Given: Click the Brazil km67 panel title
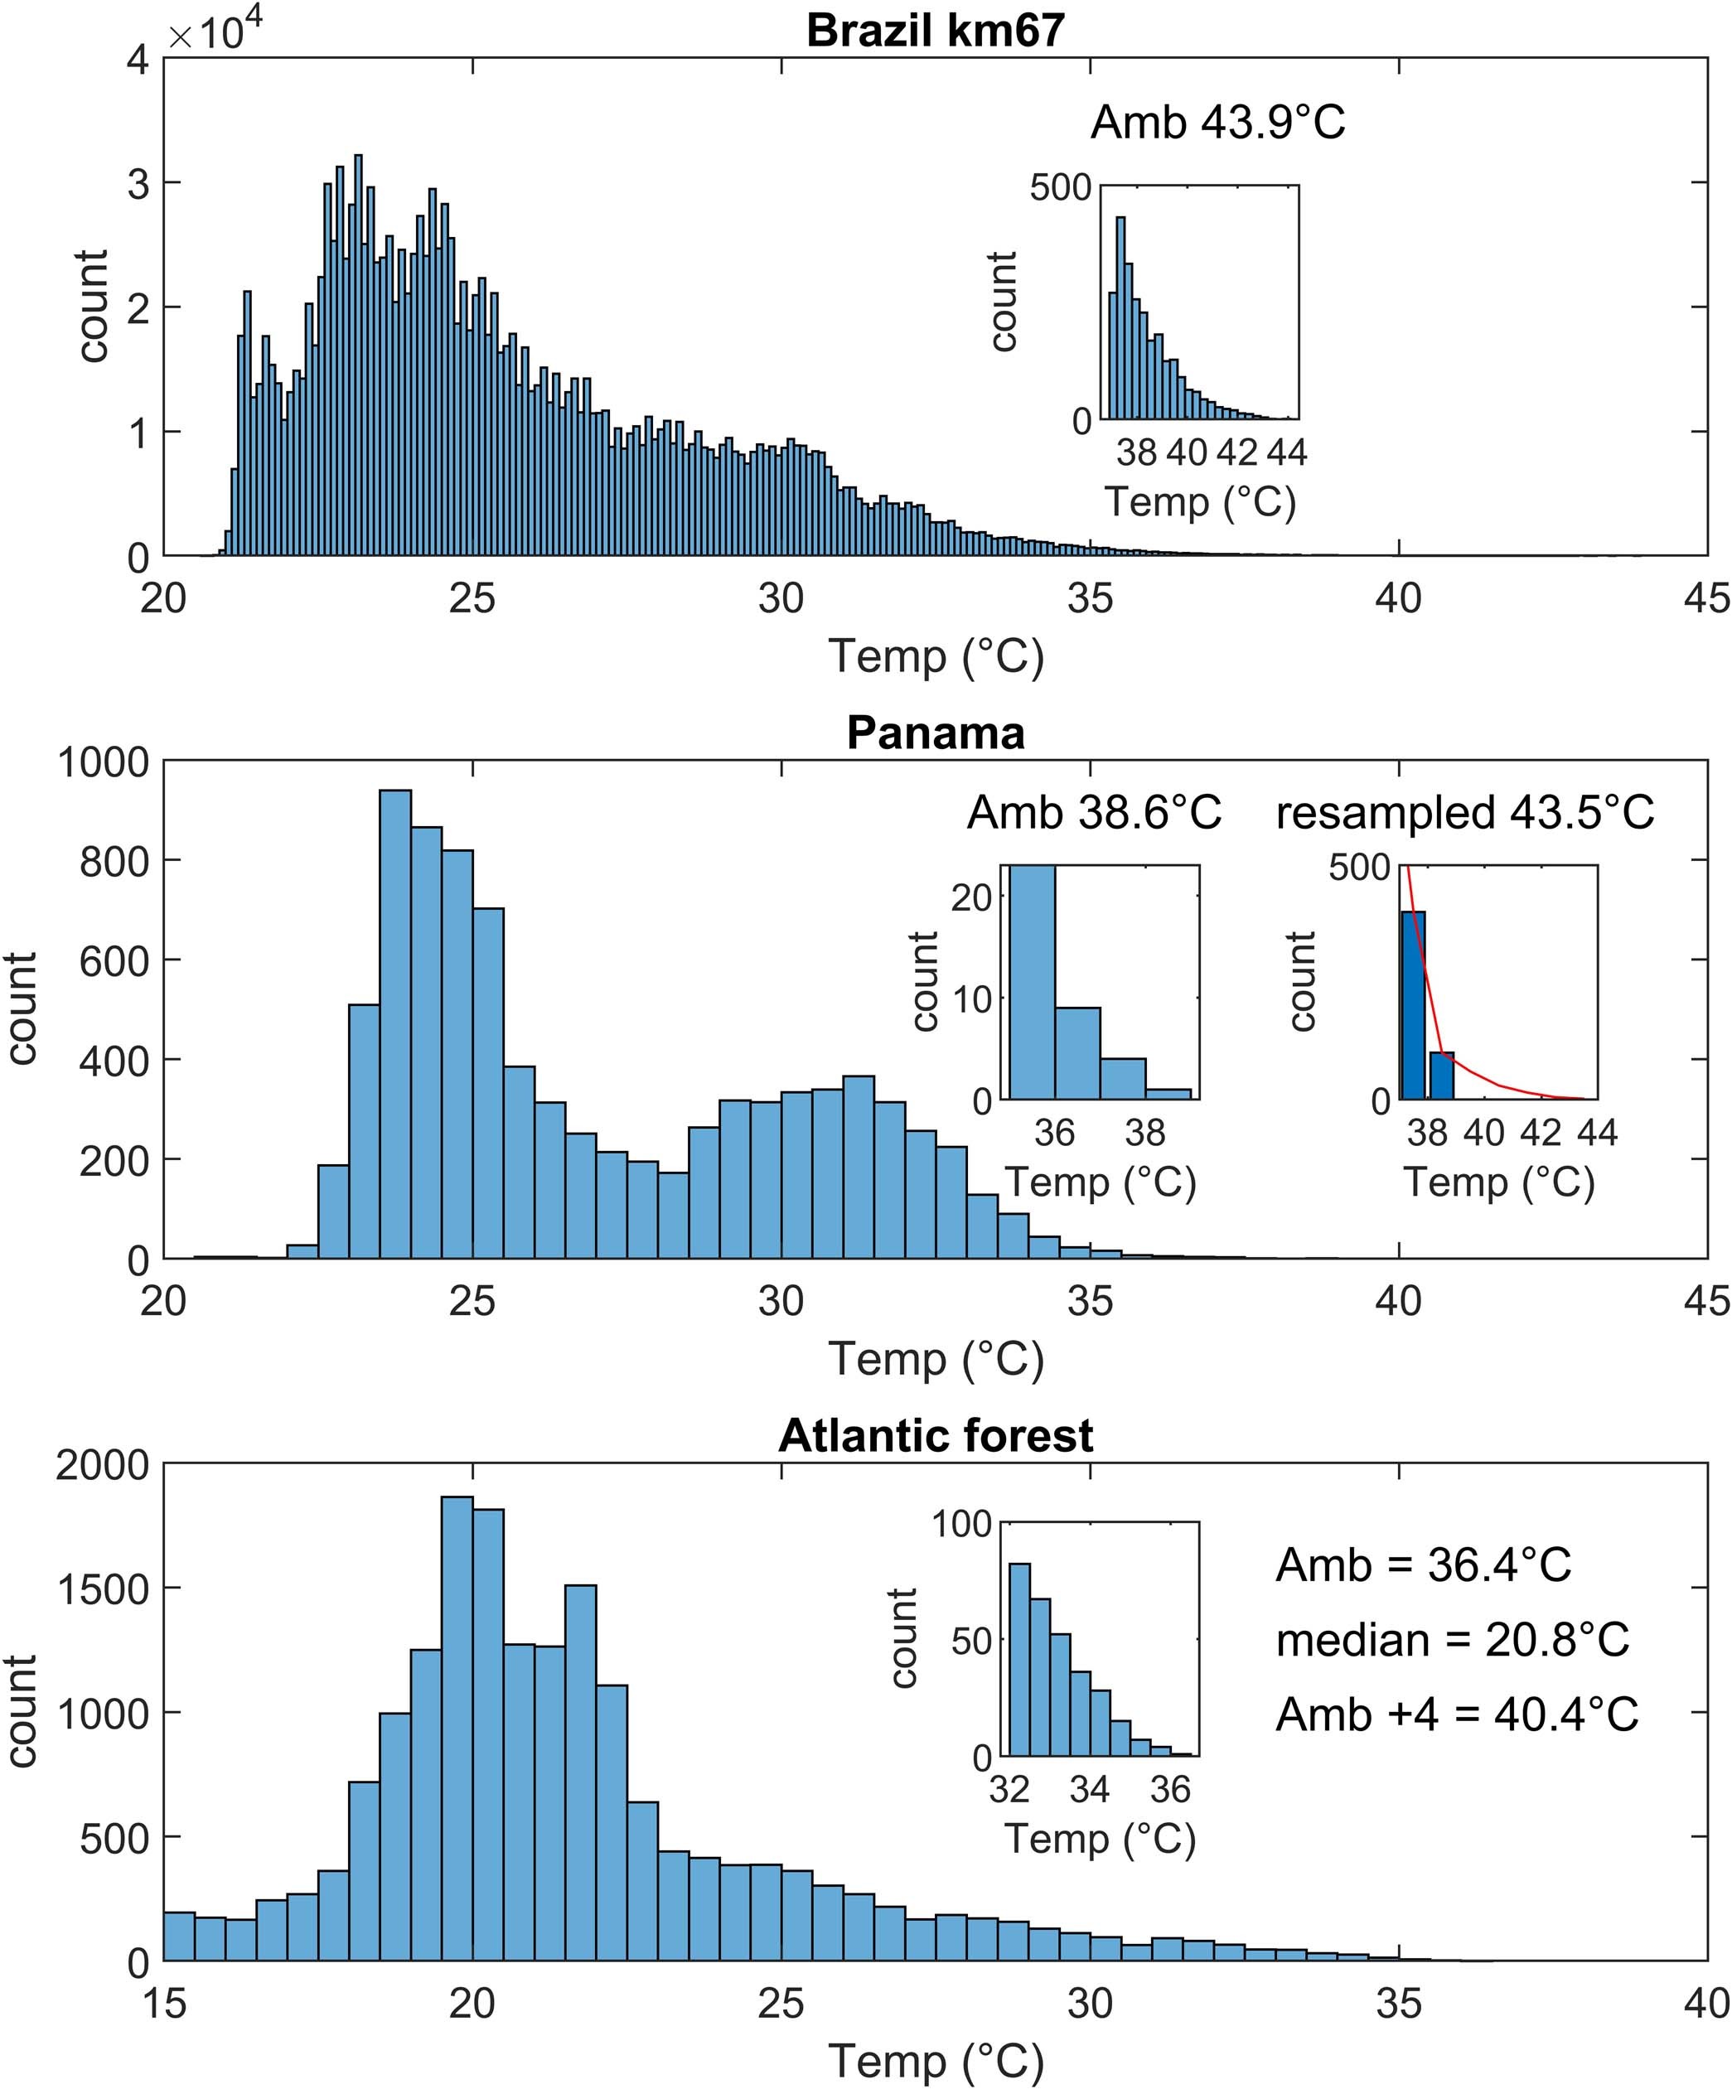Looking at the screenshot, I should pos(934,30).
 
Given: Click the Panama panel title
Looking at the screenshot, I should pos(934,733).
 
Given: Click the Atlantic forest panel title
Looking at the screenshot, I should pos(934,1435).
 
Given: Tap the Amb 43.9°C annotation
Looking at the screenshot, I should pos(1217,123).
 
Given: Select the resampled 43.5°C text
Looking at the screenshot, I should pos(1464,813).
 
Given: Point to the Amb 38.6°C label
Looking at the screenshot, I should pos(1093,813).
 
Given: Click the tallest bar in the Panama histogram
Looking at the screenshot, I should pos(395,1024).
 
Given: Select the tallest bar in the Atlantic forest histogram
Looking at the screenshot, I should pos(457,1731).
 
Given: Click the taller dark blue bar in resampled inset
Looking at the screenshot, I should pos(1413,1004).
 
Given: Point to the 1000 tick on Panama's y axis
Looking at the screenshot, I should pos(103,763).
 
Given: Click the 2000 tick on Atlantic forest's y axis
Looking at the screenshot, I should pos(103,1465).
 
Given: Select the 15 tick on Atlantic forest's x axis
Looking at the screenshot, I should pos(164,2004).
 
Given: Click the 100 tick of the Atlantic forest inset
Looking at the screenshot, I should pos(961,1524).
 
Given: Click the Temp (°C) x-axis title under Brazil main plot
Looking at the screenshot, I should pos(934,656).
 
